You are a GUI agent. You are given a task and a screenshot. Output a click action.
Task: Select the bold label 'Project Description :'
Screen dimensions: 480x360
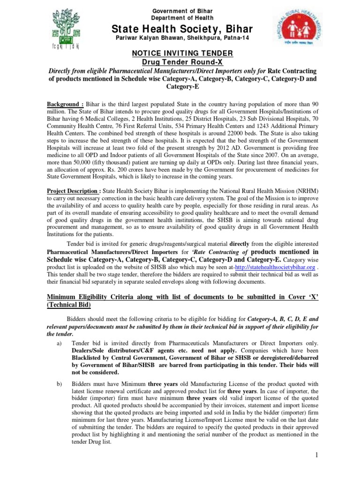[x=73, y=192]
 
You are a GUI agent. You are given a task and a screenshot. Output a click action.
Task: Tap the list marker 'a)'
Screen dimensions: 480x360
[x=59, y=343]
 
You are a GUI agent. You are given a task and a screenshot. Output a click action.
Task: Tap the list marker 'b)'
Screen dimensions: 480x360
[x=59, y=384]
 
